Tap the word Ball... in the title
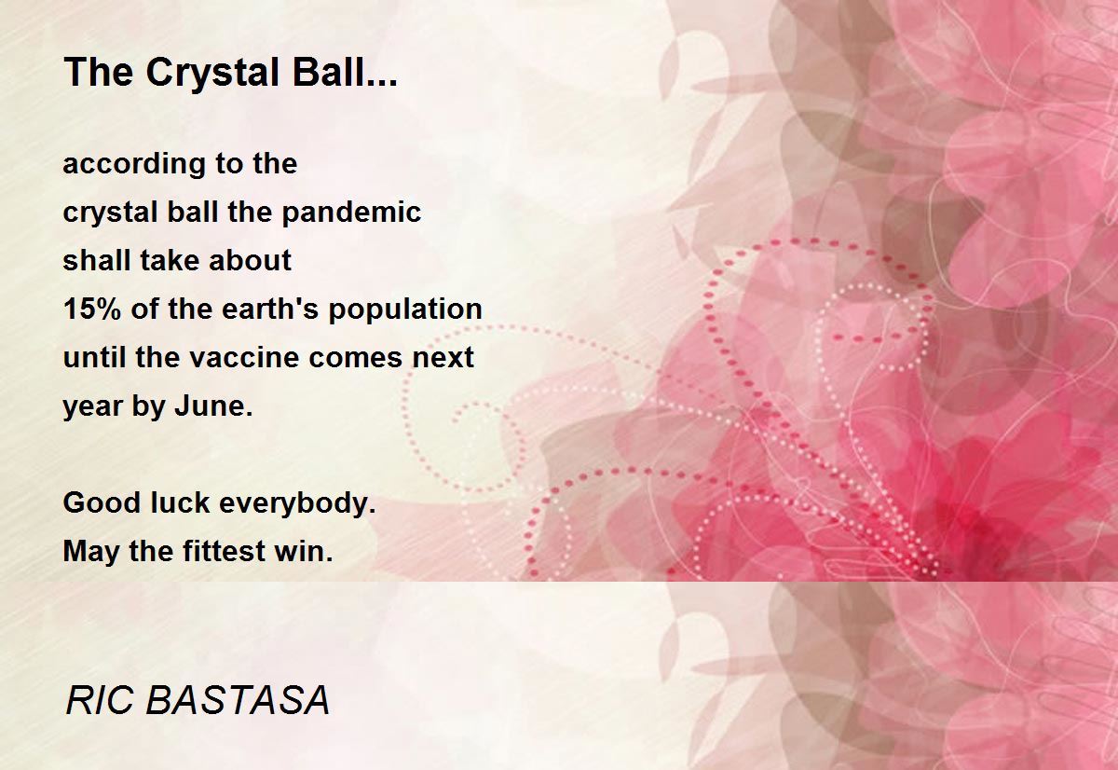coord(345,72)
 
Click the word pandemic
coord(351,213)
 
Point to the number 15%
coord(92,309)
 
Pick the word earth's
coord(270,309)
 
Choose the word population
coord(405,310)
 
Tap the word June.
coord(213,406)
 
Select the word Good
coord(102,502)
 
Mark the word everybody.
coord(297,504)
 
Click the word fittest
coord(225,551)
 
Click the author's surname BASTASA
coord(238,700)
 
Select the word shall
coord(96,261)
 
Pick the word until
coord(95,358)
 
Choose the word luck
coord(180,502)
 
